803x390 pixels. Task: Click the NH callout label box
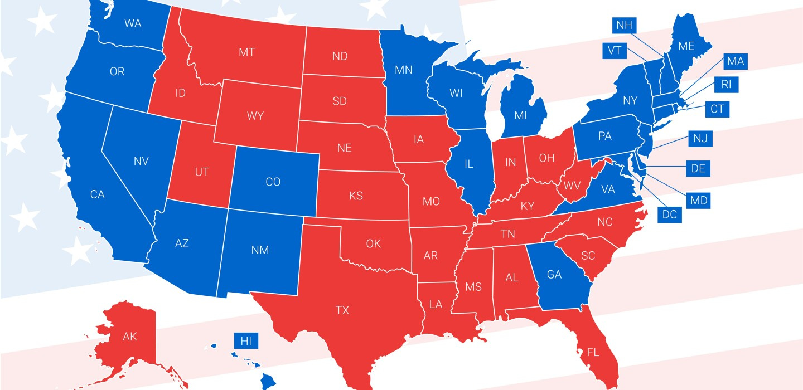pos(623,25)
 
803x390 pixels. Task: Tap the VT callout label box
pos(614,50)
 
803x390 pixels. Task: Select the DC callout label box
pos(670,214)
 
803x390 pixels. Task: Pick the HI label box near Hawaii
pos(246,341)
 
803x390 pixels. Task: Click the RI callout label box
pos(725,85)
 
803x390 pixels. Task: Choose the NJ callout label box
pos(700,139)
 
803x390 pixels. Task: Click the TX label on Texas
pos(342,310)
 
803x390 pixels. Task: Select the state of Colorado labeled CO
pos(273,182)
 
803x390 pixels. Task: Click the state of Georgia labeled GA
pos(554,275)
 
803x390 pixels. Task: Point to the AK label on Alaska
pos(129,337)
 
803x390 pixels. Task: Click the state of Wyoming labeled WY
pos(255,116)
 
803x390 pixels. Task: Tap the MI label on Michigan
pos(520,115)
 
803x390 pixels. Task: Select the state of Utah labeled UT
pos(201,172)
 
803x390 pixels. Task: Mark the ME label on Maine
pos(686,46)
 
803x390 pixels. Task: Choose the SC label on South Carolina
pos(588,256)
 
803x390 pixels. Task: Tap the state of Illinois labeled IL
pos(469,164)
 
